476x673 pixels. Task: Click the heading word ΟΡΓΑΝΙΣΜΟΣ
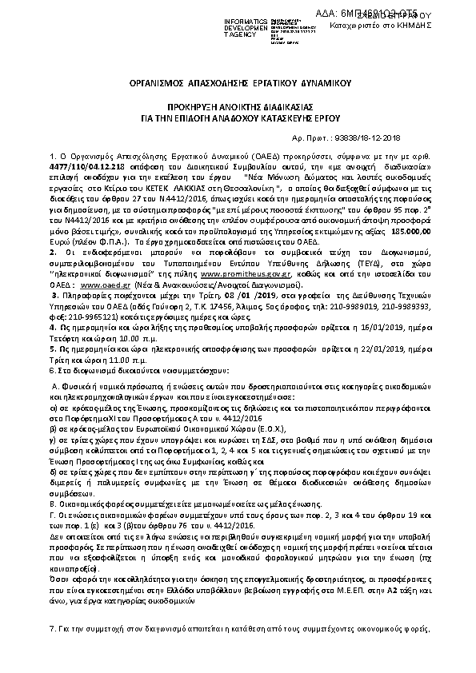tap(158, 83)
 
